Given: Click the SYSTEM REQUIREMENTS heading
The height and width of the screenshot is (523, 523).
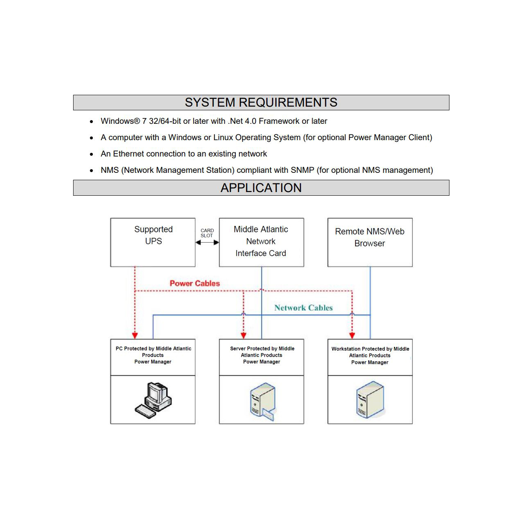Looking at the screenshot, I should tap(261, 103).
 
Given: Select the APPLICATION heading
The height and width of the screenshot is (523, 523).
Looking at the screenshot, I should tap(261, 188).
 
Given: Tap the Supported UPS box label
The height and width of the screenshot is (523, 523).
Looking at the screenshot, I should tap(153, 235).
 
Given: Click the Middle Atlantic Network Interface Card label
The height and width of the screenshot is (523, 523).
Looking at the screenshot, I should tap(261, 241).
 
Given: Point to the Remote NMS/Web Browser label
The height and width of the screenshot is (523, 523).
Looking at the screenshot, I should tap(370, 237).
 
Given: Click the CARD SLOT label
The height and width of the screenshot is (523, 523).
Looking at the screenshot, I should tap(207, 233).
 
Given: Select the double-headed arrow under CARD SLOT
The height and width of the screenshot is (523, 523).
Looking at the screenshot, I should tap(207, 242).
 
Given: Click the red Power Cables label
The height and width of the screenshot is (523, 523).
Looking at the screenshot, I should tap(194, 283).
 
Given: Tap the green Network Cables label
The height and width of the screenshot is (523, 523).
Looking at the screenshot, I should tap(303, 308).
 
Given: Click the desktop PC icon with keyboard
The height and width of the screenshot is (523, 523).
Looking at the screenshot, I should tap(153, 400).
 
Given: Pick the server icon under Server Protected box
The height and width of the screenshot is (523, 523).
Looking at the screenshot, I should tap(262, 401).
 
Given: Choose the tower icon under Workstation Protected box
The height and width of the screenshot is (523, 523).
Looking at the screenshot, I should tap(370, 400).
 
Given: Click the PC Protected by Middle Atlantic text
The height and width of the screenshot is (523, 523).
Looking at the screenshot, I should tap(153, 349).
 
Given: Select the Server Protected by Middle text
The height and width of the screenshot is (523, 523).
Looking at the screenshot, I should tap(262, 349).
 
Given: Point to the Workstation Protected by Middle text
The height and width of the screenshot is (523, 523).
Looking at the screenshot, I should tap(370, 349).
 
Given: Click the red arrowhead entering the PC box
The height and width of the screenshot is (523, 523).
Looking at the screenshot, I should tap(135, 335).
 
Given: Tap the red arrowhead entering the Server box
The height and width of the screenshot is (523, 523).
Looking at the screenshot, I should tap(244, 335).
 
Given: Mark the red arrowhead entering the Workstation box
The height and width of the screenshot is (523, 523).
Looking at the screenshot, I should tap(352, 335).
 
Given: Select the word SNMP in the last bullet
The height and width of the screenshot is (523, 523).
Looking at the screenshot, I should tap(302, 170).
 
